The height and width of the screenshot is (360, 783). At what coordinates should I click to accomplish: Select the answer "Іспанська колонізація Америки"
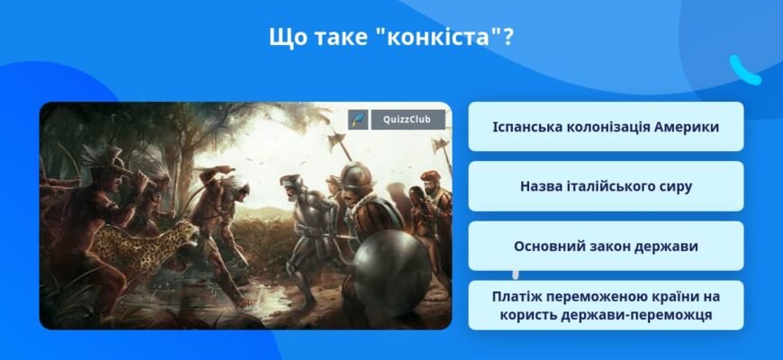click(x=606, y=127)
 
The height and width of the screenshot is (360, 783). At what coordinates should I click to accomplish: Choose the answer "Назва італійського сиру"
click(x=606, y=186)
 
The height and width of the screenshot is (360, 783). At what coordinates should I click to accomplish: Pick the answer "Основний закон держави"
click(x=606, y=246)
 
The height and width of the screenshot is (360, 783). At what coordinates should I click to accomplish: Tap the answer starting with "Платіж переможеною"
click(x=606, y=305)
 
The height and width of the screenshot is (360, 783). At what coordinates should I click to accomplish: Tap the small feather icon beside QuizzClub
click(x=359, y=120)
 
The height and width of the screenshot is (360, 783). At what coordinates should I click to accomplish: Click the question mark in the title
click(x=508, y=39)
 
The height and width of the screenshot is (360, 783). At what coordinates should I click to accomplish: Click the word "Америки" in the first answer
click(x=687, y=127)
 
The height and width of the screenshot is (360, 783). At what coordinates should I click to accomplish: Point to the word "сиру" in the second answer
click(x=673, y=186)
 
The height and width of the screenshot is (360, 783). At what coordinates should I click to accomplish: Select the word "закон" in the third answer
click(x=617, y=246)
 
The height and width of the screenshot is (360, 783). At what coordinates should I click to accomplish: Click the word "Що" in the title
click(x=286, y=39)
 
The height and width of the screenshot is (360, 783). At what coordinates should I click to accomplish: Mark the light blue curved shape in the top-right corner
click(x=743, y=70)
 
